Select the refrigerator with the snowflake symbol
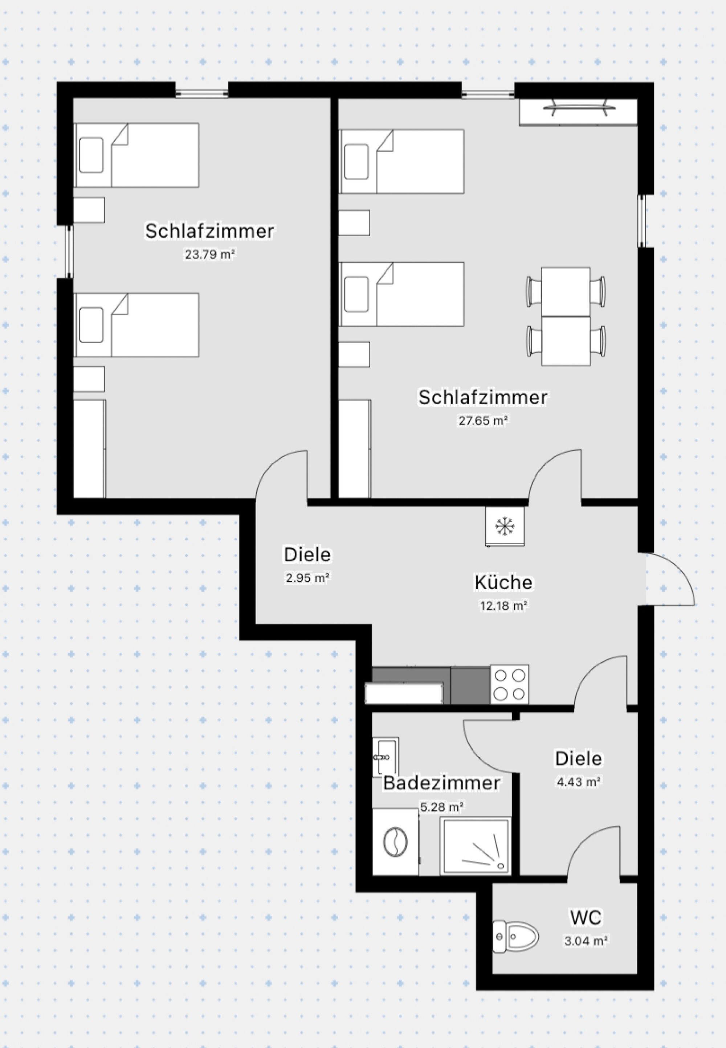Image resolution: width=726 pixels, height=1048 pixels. [x=504, y=527]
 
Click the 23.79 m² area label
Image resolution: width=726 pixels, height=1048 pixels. [x=210, y=254]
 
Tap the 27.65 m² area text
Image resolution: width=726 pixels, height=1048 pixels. [x=483, y=421]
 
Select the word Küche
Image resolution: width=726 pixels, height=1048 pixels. [x=503, y=582]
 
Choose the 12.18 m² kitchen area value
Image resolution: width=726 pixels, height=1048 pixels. [x=503, y=605]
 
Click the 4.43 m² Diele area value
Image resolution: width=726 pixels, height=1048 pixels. [x=578, y=782]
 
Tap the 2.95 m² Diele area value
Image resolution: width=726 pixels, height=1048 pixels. [x=307, y=578]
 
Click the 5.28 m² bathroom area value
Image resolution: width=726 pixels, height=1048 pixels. [x=441, y=807]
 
